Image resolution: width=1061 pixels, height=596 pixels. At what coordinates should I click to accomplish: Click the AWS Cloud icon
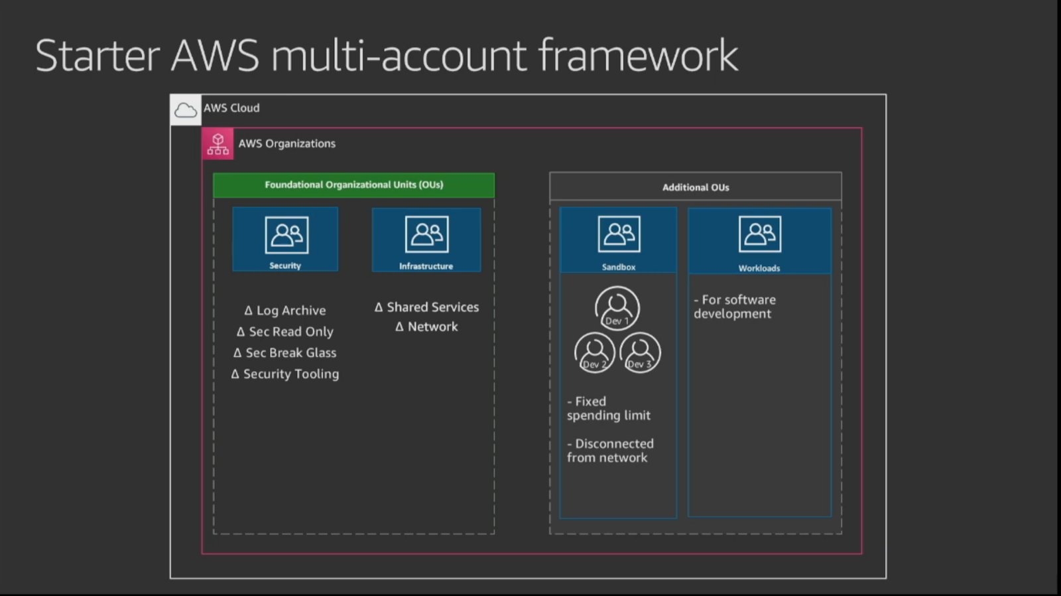click(x=186, y=110)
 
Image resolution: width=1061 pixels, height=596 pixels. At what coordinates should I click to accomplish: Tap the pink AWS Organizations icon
click(x=218, y=143)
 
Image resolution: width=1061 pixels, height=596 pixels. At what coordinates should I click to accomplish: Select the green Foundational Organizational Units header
click(x=353, y=185)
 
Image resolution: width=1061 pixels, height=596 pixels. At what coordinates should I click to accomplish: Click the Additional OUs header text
click(x=696, y=187)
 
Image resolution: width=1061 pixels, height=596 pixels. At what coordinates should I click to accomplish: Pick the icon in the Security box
click(x=286, y=234)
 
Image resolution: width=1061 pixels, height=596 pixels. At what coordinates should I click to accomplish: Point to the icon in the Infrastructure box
click(x=426, y=234)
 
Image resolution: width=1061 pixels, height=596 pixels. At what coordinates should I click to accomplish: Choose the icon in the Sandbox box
click(x=619, y=234)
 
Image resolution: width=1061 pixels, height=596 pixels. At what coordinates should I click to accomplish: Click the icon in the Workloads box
click(x=759, y=234)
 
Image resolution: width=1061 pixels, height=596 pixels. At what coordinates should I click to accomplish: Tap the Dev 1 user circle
click(x=617, y=308)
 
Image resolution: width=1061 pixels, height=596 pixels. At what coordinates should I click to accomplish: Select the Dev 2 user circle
click(x=594, y=352)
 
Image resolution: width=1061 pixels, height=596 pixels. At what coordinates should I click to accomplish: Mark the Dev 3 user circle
click(x=640, y=352)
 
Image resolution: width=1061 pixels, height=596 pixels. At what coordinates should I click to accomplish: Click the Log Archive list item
click(x=285, y=311)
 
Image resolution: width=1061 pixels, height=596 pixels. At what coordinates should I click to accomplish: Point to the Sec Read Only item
click(x=285, y=332)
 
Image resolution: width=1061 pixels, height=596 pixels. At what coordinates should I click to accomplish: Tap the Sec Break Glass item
click(x=285, y=353)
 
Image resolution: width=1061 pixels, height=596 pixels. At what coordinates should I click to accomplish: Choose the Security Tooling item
click(x=285, y=374)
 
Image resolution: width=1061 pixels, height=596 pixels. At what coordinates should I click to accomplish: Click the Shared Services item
click(x=426, y=307)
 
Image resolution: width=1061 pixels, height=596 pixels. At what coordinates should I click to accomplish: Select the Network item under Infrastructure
click(x=426, y=327)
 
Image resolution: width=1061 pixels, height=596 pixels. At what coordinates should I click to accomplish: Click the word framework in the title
click(x=638, y=55)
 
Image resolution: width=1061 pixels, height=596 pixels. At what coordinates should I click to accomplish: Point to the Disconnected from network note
click(x=610, y=451)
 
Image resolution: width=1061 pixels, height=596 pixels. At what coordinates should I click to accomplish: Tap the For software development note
click(x=735, y=307)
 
